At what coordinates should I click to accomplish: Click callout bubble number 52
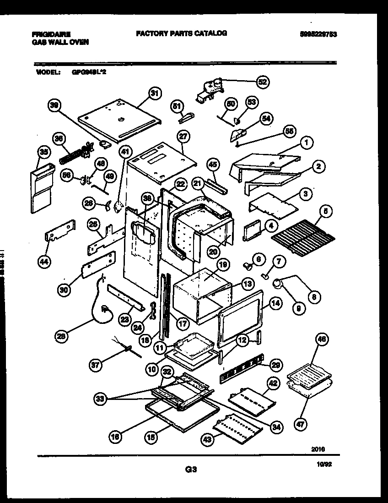click(262, 82)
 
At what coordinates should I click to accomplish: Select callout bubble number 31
click(155, 93)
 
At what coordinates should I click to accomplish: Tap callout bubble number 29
click(276, 365)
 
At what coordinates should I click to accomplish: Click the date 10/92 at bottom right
click(323, 465)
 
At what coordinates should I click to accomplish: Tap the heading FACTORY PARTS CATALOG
click(181, 33)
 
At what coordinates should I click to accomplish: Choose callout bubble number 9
click(298, 309)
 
